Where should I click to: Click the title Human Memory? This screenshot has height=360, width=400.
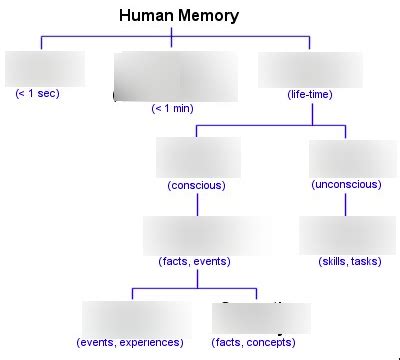pos(178,16)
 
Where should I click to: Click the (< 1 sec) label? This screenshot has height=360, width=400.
pos(41,94)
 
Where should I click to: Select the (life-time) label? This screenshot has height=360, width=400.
pos(309,94)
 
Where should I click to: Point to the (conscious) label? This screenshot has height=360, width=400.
pos(196,185)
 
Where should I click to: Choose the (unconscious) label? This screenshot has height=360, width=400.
pos(346,185)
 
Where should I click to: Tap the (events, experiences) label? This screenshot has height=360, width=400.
pos(130,342)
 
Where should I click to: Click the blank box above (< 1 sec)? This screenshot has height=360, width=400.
pos(45,68)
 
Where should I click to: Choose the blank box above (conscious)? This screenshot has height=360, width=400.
pos(198,158)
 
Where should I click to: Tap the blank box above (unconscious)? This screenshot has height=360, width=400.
pos(346,158)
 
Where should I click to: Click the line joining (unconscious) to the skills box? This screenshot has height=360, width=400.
pos(346,204)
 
